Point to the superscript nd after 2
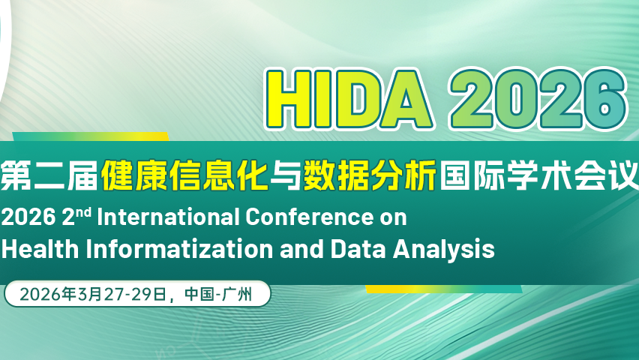(84, 212)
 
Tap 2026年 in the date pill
(46, 294)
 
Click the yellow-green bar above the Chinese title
(90, 136)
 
